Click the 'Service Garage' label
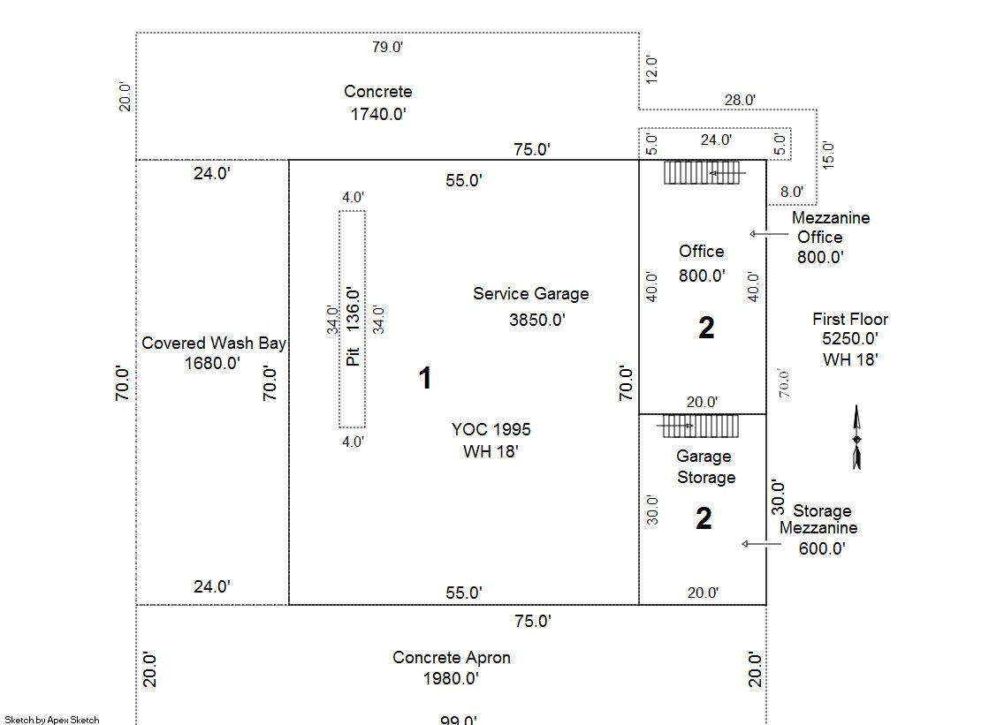point(530,294)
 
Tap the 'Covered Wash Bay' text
point(214,344)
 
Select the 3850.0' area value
point(537,320)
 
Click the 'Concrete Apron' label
point(452,658)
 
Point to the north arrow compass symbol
point(856,438)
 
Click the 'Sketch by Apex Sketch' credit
point(52,720)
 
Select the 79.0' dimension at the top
point(387,47)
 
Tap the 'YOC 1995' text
point(491,430)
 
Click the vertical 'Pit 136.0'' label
point(354,328)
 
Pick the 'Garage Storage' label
point(705,467)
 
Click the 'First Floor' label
point(850,320)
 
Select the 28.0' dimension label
point(740,101)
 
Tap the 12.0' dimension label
point(651,70)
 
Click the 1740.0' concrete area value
point(378,114)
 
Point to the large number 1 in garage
point(425,379)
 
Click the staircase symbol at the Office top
point(702,172)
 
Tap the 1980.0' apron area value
point(452,679)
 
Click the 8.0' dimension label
point(792,191)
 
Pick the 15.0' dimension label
point(828,155)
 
